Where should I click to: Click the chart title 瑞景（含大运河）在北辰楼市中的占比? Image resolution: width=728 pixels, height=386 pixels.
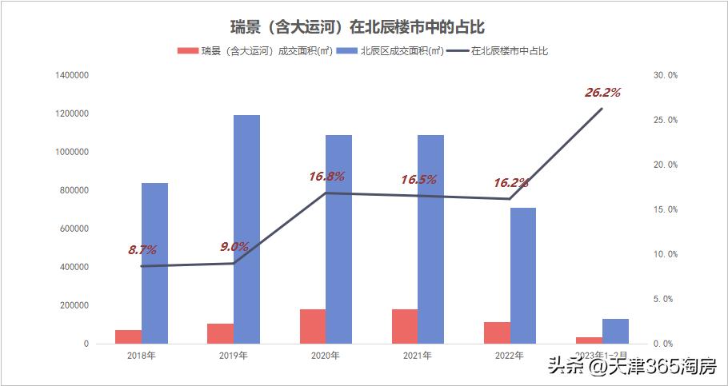tap(363, 27)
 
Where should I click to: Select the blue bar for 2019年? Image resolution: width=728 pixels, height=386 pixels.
tap(246, 229)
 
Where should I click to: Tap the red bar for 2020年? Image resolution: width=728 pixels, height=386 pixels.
tap(312, 326)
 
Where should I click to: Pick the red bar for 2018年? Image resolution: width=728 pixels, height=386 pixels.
tap(128, 336)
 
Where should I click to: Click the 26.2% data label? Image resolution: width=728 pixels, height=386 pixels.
tap(602, 93)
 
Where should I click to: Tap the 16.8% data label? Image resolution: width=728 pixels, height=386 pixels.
tap(327, 176)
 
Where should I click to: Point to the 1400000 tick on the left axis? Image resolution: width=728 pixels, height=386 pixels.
tap(72, 75)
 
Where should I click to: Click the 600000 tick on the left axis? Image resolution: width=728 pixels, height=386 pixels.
tap(74, 229)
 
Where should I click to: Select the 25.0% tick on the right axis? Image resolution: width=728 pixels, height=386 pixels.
tap(666, 120)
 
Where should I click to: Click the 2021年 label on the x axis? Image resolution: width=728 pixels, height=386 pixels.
tap(418, 356)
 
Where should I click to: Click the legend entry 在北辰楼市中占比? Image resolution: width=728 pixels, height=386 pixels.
tap(508, 51)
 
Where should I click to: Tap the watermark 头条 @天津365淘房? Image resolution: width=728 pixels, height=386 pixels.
tap(631, 367)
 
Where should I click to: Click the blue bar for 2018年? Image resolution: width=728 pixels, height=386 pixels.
tap(154, 263)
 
